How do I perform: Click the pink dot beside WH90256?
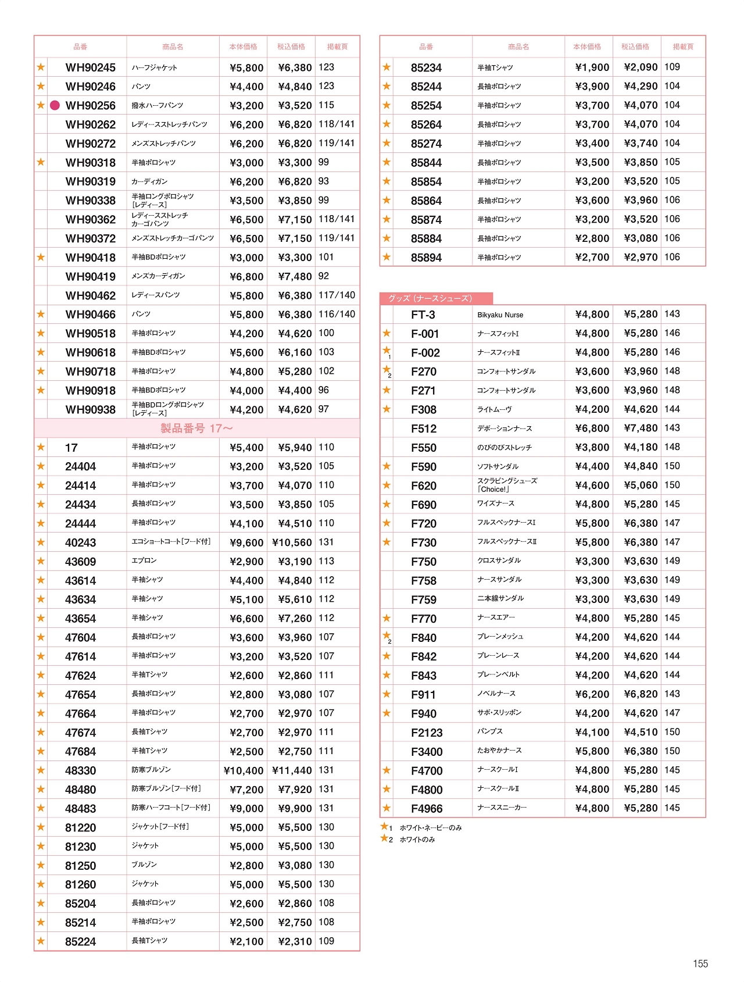coord(55,105)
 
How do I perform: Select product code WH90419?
coord(90,277)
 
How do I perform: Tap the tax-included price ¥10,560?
coord(292,542)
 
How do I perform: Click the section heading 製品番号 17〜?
coord(196,428)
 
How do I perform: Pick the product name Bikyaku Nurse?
coord(500,315)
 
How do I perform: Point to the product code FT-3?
coord(423,315)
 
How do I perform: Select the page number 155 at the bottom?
coord(700,964)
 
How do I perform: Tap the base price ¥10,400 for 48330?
coord(244,771)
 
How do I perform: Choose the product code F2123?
coord(427,733)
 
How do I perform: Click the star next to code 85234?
coord(387,67)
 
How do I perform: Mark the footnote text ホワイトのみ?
coord(417,840)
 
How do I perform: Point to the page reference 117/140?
coord(337,295)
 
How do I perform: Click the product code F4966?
coord(427,809)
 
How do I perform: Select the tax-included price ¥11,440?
coord(292,771)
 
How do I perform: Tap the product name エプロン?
coord(144,561)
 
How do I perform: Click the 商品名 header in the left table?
coord(173,47)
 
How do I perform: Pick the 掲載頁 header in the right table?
coord(683,47)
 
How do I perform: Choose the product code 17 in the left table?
coord(71,448)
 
